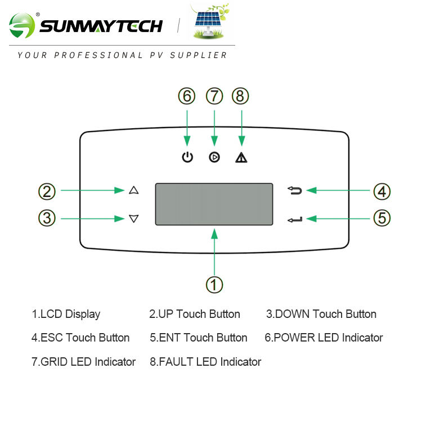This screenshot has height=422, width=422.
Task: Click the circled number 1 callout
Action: (x=214, y=284)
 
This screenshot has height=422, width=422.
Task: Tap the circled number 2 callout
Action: (x=47, y=191)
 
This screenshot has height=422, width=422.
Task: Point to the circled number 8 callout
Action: (x=241, y=96)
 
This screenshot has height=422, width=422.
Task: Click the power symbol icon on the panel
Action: (x=187, y=158)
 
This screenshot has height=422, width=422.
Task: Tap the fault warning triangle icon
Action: (x=241, y=158)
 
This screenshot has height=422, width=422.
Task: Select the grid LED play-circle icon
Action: (x=214, y=158)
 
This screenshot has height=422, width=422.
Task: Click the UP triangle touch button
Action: (x=133, y=191)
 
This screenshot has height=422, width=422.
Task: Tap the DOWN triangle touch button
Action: (x=133, y=218)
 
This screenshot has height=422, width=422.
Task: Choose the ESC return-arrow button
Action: (x=295, y=191)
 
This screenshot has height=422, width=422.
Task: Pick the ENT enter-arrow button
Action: (x=295, y=219)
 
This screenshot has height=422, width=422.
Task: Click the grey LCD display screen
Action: (x=214, y=204)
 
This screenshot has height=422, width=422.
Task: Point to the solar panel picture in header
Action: (x=208, y=23)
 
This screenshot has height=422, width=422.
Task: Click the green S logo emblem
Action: (x=23, y=26)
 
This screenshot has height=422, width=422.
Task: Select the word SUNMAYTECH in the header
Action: (x=101, y=26)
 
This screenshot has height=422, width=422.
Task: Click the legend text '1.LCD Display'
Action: (x=66, y=315)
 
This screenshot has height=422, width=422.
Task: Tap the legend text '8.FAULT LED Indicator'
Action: (x=205, y=362)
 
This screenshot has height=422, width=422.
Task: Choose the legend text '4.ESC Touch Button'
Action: (x=80, y=338)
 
